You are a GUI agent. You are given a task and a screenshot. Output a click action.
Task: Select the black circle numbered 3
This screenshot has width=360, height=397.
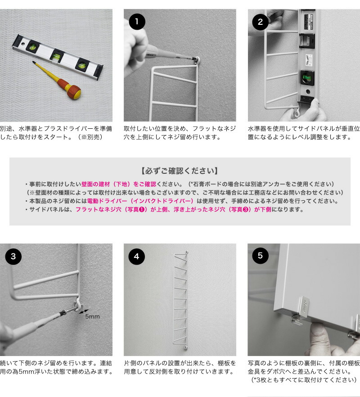pos(13,257)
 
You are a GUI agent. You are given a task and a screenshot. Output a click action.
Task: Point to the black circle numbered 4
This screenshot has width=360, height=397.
pos(136,257)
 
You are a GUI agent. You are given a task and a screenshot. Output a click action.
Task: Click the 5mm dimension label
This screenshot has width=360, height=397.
pos(92,316)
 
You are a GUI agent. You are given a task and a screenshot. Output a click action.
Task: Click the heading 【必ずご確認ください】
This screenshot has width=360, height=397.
pos(180,171)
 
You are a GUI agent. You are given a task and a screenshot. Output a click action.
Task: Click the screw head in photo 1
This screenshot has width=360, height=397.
pos(198,59)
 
